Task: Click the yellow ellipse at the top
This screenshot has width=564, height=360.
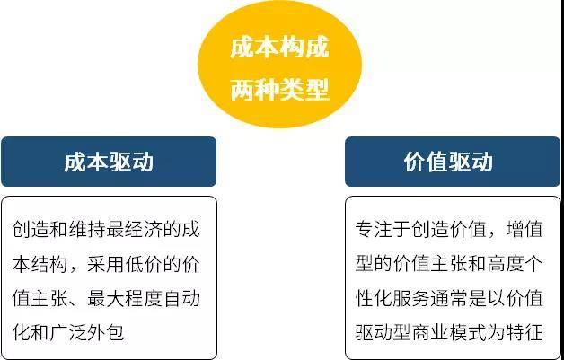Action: coord(279,64)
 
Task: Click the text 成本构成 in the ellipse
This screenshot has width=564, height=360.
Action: coord(279,48)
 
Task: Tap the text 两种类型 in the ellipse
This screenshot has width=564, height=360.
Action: coord(279,89)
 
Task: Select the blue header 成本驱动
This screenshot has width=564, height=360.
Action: coord(109,162)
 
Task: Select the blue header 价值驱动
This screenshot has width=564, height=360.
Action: coord(453,162)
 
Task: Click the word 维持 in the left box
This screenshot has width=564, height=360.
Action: coord(88,229)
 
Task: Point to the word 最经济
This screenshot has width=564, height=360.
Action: coord(135,229)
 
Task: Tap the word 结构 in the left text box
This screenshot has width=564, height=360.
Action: coord(50,266)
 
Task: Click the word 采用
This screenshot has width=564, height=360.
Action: coord(107,266)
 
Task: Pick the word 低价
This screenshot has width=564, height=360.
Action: coord(144,266)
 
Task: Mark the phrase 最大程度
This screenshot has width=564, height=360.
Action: coord(125,299)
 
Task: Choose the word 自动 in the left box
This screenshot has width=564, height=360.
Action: coord(181,299)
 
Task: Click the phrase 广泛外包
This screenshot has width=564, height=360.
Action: coord(88,333)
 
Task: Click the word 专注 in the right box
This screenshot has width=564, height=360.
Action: coord(375,229)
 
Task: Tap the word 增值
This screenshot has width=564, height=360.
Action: coord(524,229)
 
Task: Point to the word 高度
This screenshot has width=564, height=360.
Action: coord(505,266)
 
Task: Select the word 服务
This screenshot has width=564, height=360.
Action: coord(411,299)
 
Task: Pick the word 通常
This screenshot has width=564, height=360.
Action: coord(449,299)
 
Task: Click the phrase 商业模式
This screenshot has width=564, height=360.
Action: coord(449,333)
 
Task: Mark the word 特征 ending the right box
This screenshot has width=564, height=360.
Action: coord(524,333)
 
